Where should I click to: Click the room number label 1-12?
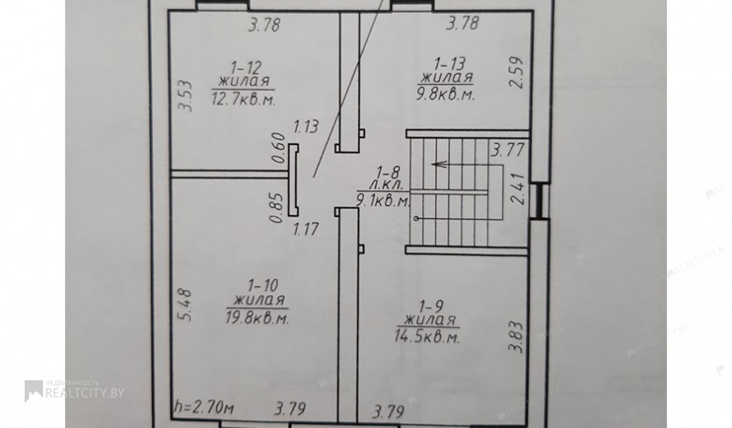click(245, 67)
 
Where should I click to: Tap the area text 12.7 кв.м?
click(243, 99)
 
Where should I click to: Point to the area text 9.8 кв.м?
click(446, 95)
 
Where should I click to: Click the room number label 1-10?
click(263, 285)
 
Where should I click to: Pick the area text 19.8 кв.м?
click(257, 318)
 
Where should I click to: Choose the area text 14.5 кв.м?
click(427, 337)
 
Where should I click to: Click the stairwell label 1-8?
click(385, 172)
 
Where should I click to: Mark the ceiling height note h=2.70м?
click(203, 407)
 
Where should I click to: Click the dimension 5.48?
click(184, 305)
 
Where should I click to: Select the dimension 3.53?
click(185, 96)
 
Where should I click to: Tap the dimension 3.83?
click(516, 337)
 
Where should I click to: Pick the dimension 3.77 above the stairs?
click(508, 151)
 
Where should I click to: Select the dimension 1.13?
click(306, 126)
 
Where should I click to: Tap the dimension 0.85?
click(277, 208)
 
